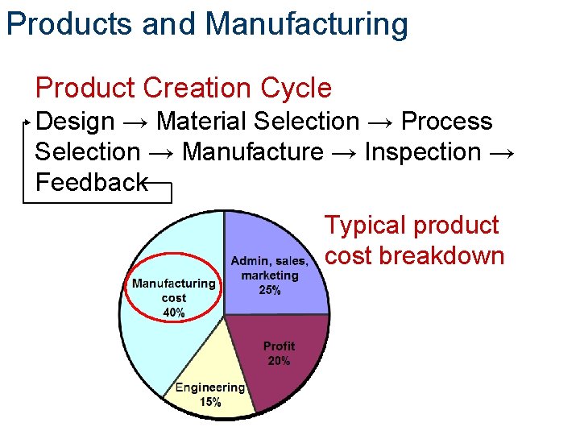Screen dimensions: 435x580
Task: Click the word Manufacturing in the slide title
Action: coord(306,24)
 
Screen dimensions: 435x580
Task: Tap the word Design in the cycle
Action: coord(76,122)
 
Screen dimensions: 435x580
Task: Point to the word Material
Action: coord(201,122)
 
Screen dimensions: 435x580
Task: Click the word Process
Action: coord(446,122)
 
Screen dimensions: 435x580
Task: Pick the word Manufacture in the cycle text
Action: coord(253,151)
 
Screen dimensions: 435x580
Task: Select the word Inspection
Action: coord(423,151)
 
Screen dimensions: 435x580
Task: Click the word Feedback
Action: coord(91,182)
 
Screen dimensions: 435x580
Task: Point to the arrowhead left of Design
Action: coord(31,122)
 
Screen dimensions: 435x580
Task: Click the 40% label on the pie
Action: coord(173,313)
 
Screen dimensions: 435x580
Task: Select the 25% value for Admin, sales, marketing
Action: coord(270,290)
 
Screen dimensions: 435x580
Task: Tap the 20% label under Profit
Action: coord(279,361)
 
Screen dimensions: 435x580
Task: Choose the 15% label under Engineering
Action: coord(210,402)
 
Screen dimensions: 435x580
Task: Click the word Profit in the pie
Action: coord(279,346)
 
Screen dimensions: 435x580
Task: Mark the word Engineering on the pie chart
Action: coord(210,387)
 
